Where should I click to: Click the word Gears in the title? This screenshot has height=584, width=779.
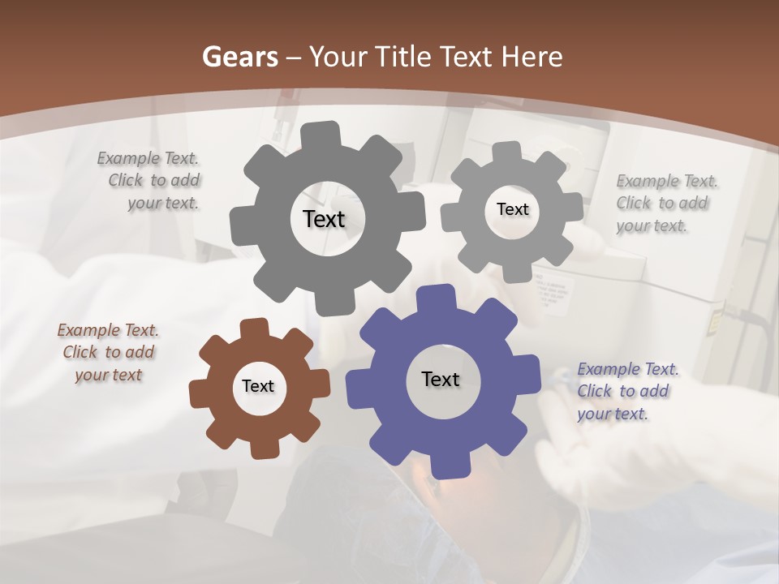[x=239, y=57]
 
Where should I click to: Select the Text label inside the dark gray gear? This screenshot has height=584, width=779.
[x=324, y=219]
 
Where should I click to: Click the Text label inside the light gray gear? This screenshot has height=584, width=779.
[x=512, y=209]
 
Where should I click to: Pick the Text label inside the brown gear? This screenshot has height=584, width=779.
[x=258, y=386]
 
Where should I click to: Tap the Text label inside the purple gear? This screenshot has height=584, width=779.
[x=441, y=379]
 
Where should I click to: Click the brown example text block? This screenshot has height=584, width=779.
[x=108, y=352]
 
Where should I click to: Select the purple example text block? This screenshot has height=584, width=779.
[x=626, y=391]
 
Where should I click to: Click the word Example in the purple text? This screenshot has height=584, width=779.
[x=609, y=369]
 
